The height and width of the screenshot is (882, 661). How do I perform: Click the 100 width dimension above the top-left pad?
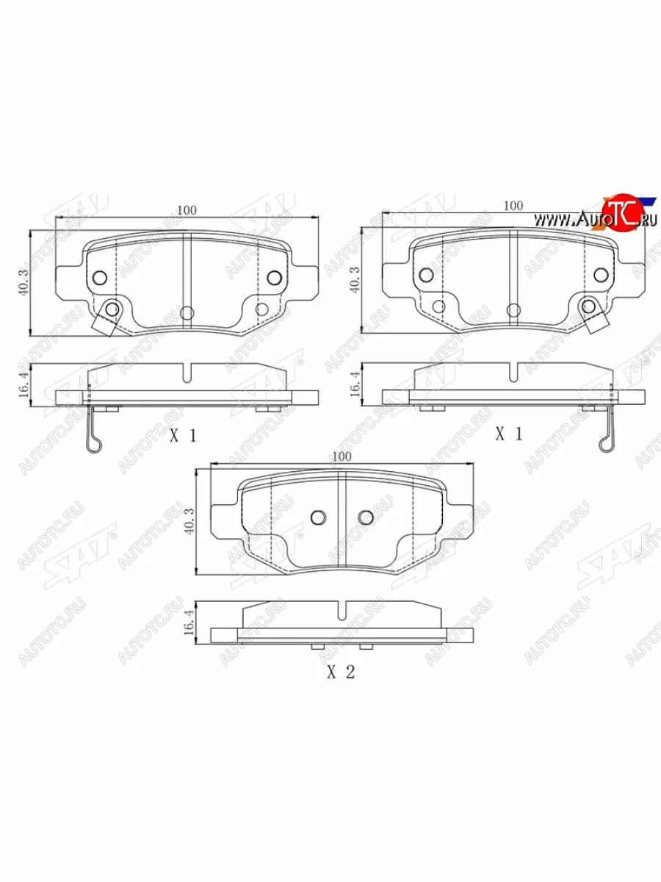pyautogui.click(x=187, y=210)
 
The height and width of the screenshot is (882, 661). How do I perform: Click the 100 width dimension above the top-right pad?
pyautogui.click(x=513, y=206)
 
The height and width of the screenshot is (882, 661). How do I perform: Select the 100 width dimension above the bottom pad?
pyautogui.click(x=342, y=456)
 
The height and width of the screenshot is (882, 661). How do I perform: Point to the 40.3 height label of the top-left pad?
pyautogui.click(x=24, y=283)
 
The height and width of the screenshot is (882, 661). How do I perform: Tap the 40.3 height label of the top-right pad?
pyautogui.click(x=355, y=280)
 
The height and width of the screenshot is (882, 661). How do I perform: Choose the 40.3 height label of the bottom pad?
pyautogui.click(x=189, y=521)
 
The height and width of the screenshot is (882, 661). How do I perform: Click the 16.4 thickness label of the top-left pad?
pyautogui.click(x=24, y=384)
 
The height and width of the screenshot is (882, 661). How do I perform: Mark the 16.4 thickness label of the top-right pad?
pyautogui.click(x=355, y=384)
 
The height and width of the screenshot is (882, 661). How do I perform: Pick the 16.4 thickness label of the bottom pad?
pyautogui.click(x=189, y=622)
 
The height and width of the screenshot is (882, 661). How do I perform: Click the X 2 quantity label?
pyautogui.click(x=341, y=672)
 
